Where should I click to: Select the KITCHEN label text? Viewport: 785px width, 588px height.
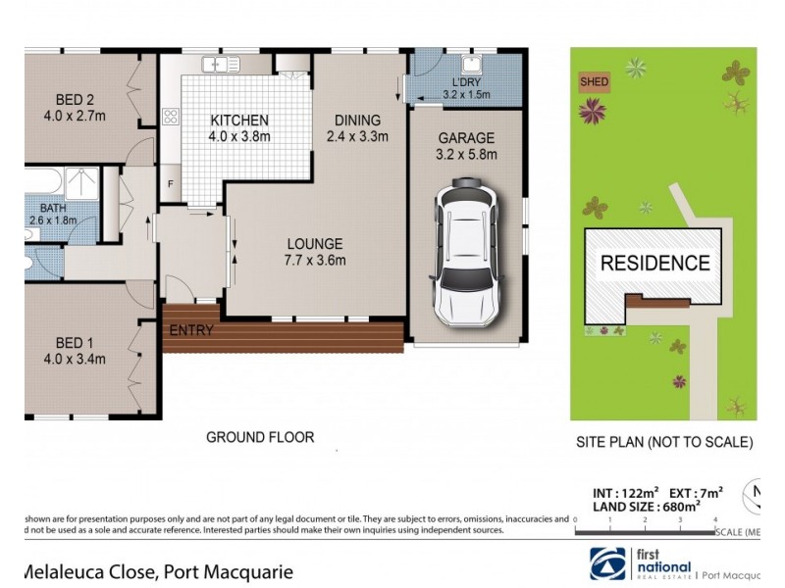(x=240, y=122)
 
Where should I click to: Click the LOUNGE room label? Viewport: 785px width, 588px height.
(x=315, y=244)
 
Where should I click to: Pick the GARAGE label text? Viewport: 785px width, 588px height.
(x=466, y=138)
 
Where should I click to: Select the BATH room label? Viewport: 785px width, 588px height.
(x=51, y=208)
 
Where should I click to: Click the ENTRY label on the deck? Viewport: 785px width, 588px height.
(x=191, y=330)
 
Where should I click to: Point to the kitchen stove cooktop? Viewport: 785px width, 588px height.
(x=170, y=117)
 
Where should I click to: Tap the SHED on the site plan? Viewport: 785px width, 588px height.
(x=594, y=82)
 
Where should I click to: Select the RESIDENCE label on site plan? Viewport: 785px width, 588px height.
(x=654, y=263)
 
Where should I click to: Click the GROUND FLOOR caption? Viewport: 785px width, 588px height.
(x=260, y=437)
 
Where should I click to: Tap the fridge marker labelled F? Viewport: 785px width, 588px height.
(x=171, y=184)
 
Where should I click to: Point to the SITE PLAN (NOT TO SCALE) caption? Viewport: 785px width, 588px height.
(x=664, y=442)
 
